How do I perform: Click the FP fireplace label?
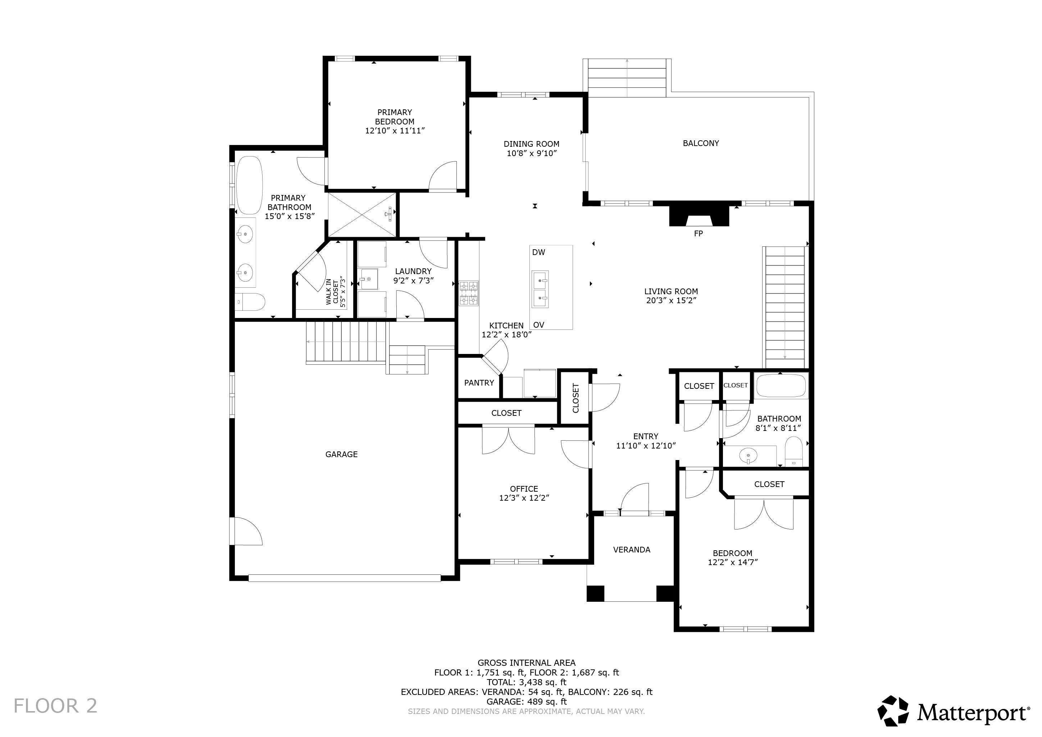698,234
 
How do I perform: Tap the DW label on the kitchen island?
539,253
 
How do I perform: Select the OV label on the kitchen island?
539,325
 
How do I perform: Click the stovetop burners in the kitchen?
469,293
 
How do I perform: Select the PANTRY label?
479,383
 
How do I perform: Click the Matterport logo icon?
893,711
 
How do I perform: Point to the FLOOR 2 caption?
55,706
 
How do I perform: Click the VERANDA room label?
632,550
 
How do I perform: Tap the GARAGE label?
341,454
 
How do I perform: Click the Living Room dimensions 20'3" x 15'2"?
671,300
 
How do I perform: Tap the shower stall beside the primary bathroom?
362,215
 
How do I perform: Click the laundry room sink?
369,279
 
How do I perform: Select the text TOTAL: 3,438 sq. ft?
527,682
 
